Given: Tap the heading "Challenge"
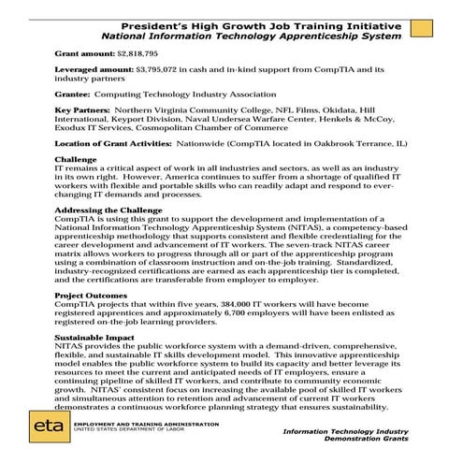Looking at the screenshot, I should coord(74,160).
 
